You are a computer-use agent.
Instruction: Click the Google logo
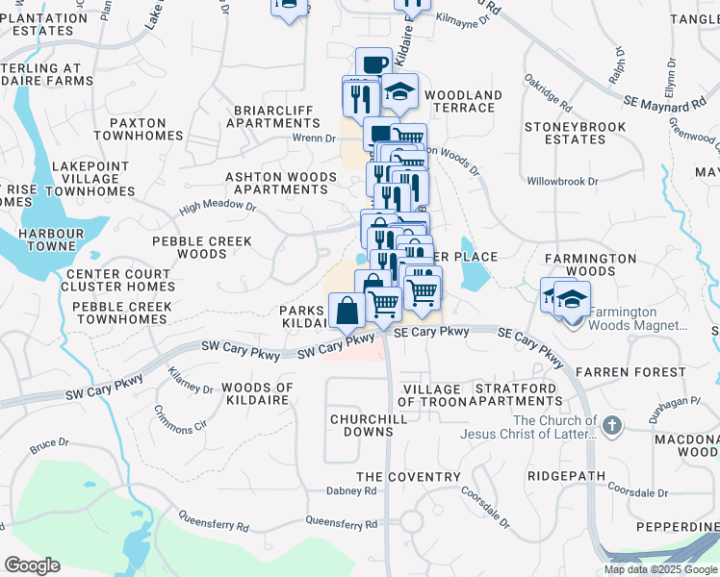[x=32, y=565]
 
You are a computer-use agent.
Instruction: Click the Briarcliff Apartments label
[x=272, y=116]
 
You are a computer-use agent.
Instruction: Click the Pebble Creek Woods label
[x=201, y=247]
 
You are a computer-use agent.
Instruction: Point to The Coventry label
[x=408, y=477]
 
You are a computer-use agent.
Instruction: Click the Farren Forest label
[x=630, y=371]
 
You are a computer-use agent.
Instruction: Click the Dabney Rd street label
[x=351, y=490]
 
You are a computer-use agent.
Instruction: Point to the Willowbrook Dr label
[x=563, y=181]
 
